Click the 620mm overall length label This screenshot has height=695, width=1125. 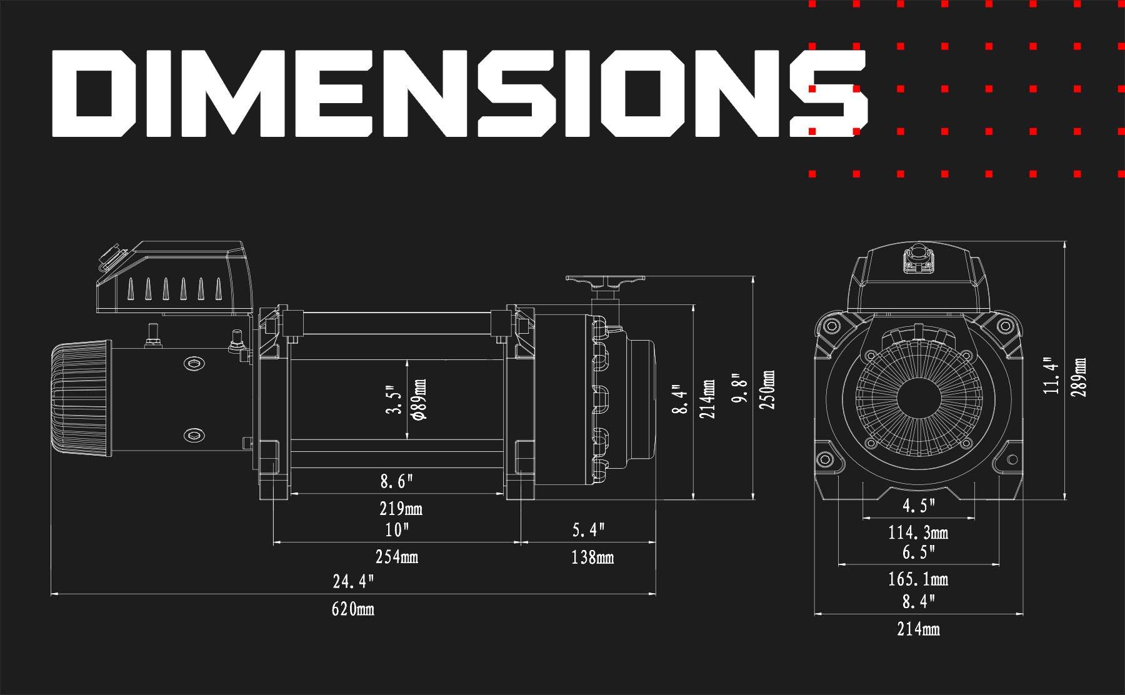coord(353,609)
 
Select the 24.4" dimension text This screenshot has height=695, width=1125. coord(353,582)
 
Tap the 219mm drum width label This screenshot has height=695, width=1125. coord(401,509)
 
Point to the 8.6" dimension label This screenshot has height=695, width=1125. coord(397,482)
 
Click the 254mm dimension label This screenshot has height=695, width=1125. coord(397,556)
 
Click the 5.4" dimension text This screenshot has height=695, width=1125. coord(589,530)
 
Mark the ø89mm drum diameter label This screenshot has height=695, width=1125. coord(419,399)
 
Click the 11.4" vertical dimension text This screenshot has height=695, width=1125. coord(1052,376)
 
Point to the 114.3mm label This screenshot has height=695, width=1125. coord(918,533)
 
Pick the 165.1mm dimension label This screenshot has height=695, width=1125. coord(918,579)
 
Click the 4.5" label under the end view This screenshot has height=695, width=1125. coord(918,506)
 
